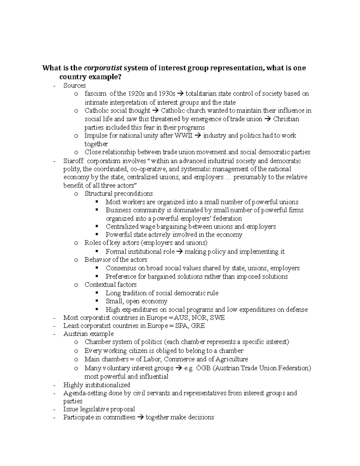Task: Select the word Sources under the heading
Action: [74, 86]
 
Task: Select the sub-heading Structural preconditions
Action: [118, 194]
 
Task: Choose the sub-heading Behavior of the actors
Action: [116, 260]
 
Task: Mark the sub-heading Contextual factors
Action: [110, 285]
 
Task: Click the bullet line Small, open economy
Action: [136, 301]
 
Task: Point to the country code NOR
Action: [200, 318]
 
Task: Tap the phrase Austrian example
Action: [88, 334]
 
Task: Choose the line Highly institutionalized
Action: [97, 385]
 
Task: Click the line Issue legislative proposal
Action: [99, 409]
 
